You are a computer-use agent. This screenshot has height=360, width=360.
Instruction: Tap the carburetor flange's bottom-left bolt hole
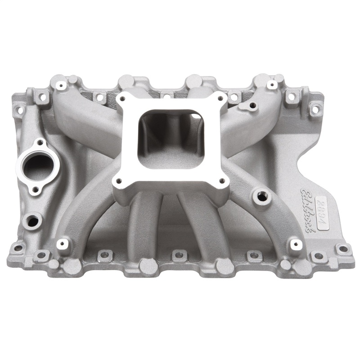(x=119, y=183)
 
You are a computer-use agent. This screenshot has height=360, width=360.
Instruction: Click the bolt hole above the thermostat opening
(x=40, y=143)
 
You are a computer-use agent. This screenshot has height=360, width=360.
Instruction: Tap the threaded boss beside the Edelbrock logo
(x=260, y=196)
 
